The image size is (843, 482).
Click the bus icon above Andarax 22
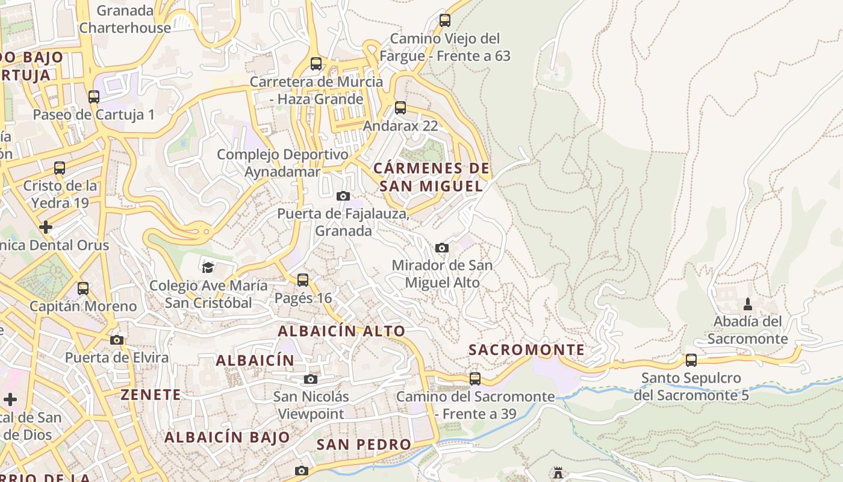[x=400, y=108]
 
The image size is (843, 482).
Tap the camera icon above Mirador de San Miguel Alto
[x=442, y=248]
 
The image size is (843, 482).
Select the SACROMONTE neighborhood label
[x=526, y=350]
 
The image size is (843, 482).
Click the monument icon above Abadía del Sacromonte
[x=748, y=304]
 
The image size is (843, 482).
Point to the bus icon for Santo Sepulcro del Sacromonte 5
[x=691, y=360]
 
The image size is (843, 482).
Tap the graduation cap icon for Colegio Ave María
[x=208, y=268]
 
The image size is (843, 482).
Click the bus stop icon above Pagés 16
[x=303, y=280]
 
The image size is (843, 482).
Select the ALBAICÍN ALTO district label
[x=341, y=331]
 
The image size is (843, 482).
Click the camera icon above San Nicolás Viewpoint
[x=311, y=379]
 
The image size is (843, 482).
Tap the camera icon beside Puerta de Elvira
[x=117, y=340]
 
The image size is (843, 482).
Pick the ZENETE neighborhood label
[x=151, y=395]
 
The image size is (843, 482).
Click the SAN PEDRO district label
[x=364, y=445]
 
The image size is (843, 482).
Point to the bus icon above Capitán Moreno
[x=83, y=288]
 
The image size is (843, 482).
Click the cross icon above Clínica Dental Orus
[x=46, y=227]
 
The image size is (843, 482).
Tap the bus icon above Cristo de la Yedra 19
[x=60, y=167]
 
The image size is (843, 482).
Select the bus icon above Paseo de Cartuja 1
[x=93, y=96]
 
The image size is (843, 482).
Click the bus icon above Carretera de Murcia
[x=316, y=63]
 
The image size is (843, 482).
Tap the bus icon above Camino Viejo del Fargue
[x=445, y=20]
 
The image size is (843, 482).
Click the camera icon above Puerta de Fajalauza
[x=343, y=196]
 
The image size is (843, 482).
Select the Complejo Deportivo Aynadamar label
[x=282, y=163]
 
